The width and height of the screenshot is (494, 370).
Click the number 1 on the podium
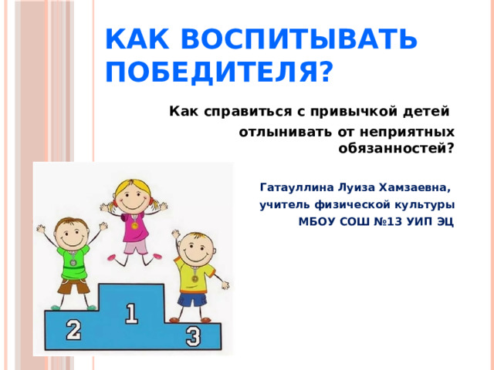[x=131, y=313]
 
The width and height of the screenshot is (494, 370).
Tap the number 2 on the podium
[x=73, y=331]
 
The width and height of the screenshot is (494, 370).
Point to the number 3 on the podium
[x=193, y=337]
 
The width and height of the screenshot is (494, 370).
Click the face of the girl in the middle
[x=134, y=197]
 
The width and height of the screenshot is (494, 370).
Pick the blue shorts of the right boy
[x=191, y=299]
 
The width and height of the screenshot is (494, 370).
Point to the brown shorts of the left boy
[x=73, y=284]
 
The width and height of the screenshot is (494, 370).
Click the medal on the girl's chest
[x=134, y=225]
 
